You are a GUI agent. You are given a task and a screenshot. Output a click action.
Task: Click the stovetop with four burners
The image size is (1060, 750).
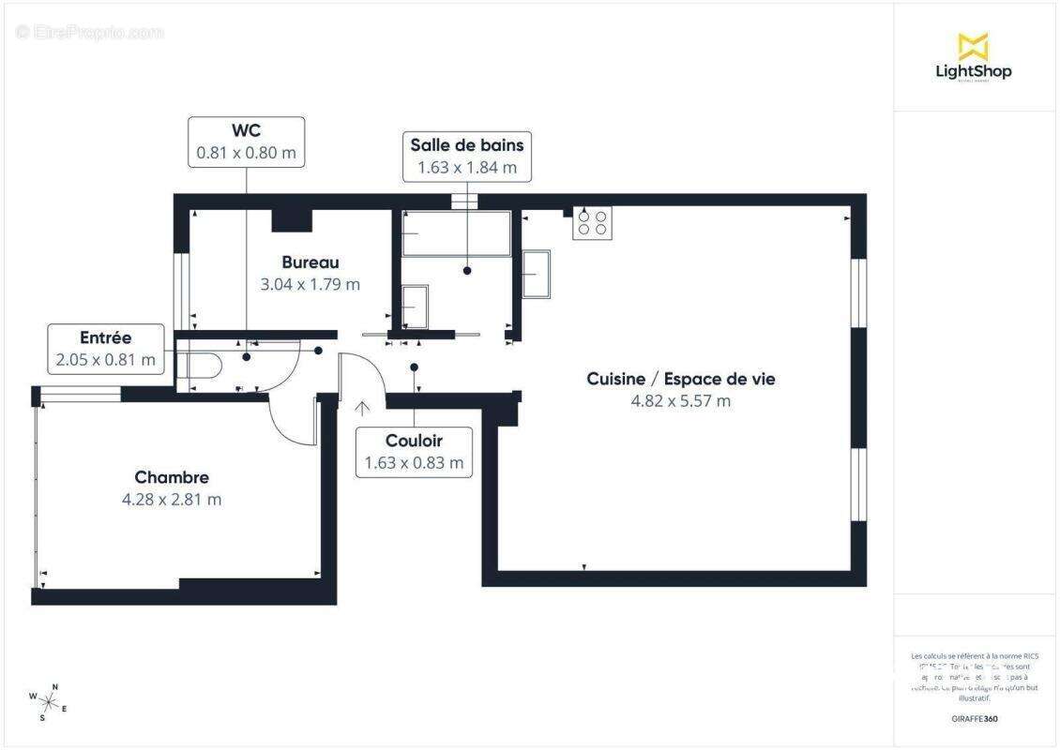click(592, 223)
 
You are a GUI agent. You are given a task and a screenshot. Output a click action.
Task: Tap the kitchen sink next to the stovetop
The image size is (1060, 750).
click(537, 274)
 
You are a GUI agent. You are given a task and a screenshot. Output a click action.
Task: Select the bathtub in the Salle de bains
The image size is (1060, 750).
click(457, 234)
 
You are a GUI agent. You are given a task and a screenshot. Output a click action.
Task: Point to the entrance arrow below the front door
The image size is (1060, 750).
click(362, 408)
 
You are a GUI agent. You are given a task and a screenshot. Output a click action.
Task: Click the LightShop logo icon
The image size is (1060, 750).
click(973, 47)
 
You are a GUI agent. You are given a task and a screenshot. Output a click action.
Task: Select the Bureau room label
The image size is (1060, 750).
click(310, 262)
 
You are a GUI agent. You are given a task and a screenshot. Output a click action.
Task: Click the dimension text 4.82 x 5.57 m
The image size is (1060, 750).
click(681, 401)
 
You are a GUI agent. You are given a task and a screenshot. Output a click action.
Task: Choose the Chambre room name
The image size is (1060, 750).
click(172, 477)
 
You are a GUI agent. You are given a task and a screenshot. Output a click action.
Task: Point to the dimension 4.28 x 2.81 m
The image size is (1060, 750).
click(172, 500)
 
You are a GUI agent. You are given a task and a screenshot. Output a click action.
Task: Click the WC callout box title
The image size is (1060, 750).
click(246, 130)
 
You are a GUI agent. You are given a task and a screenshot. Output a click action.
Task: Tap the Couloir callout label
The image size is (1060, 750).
click(414, 441)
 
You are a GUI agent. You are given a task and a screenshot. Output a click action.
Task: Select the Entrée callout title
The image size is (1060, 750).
click(106, 337)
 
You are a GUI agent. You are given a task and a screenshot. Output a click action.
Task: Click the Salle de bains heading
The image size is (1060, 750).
click(467, 145)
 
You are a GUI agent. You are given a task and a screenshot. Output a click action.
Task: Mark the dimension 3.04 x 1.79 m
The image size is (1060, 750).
click(310, 284)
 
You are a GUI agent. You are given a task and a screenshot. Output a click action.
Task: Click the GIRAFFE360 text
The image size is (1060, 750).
click(976, 719)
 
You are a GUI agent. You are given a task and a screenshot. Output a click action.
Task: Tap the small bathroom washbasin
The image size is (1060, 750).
click(414, 306)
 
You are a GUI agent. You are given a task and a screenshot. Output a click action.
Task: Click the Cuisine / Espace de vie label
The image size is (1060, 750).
click(681, 379)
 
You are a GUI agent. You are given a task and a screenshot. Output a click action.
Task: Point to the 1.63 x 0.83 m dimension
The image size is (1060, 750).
click(414, 463)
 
